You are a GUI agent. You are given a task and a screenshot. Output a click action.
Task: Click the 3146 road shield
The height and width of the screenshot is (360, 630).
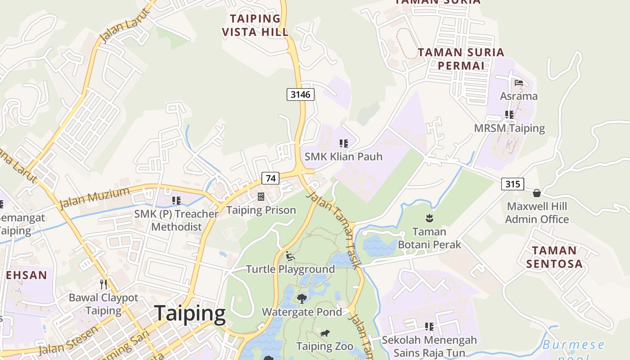pos(300,94)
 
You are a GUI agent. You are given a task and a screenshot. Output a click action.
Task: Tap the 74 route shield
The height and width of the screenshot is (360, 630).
pos(270,178)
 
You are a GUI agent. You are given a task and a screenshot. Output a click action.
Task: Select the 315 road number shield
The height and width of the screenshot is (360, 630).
pos(512,184)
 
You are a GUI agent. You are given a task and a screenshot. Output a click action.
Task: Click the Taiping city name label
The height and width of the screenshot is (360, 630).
pos(189,313)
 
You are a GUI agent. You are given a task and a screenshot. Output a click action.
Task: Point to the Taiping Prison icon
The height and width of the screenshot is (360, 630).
pos(261,196)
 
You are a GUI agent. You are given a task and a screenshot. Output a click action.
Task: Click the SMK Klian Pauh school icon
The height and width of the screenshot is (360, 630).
pos(344,144)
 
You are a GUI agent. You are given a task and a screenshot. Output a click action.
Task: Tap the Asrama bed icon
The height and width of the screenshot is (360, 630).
pos(519,83)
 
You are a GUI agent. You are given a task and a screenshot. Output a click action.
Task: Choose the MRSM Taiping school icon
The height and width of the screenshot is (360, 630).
pos(509,115)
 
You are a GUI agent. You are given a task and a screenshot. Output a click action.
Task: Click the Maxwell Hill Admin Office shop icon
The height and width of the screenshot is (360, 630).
pos(536,193)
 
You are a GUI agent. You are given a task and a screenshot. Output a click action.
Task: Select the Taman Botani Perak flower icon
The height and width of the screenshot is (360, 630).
pos(429,218)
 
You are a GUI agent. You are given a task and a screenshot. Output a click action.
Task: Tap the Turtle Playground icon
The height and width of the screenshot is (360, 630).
pos(290,256)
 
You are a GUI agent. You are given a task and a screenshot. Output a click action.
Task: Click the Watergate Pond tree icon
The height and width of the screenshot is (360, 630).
pos(302,298)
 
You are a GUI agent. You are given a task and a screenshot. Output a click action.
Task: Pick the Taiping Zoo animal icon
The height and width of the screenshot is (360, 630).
pos(324,333)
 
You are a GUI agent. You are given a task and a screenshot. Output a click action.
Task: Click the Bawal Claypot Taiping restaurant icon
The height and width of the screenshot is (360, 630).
pos(103,284)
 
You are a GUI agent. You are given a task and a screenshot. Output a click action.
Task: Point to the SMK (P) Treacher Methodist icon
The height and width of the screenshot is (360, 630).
pos(176,200)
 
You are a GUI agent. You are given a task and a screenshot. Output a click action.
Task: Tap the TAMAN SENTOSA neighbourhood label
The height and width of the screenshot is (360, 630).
pos(554,257)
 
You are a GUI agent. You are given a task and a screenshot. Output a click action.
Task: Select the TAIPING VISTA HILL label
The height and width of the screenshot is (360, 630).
pos(255,25)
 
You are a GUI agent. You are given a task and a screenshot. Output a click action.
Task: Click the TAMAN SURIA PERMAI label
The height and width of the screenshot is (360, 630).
pos(461,59)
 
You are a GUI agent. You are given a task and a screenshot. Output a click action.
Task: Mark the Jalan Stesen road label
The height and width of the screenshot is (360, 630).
pos(68,340)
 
